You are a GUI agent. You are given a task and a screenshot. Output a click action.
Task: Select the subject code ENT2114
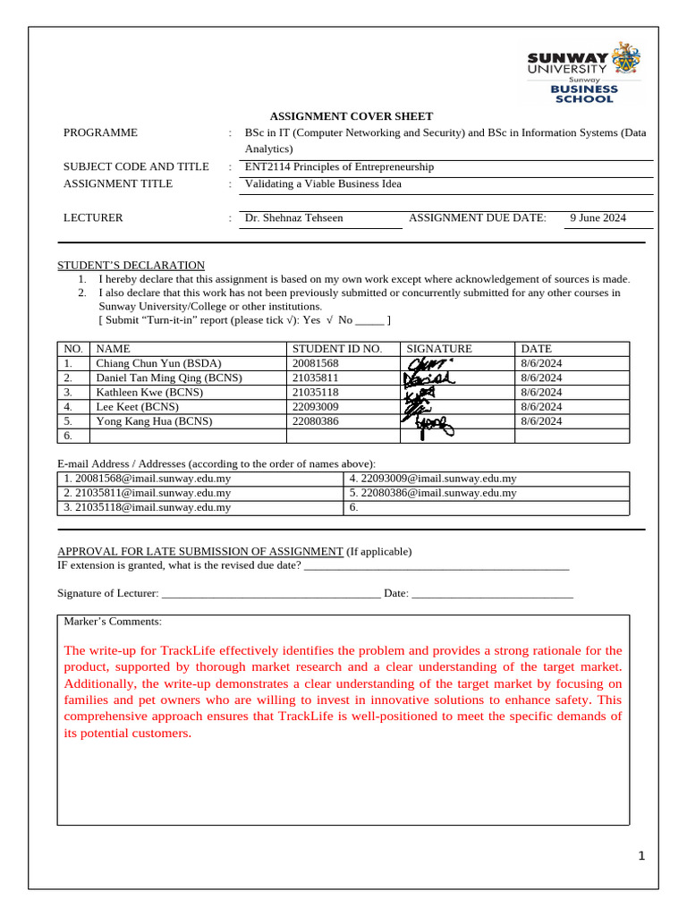click(x=267, y=166)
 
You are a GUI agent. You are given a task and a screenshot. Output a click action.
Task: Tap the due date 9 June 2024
click(x=598, y=217)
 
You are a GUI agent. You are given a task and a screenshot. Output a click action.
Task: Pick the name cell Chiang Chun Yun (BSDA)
click(x=158, y=363)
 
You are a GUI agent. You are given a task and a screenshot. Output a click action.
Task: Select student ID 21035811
click(x=317, y=377)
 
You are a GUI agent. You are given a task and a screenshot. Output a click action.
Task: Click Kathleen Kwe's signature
click(x=420, y=393)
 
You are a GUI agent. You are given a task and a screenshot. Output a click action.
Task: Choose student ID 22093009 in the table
click(x=317, y=406)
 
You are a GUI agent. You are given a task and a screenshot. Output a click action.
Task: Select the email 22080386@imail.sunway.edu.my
click(x=433, y=493)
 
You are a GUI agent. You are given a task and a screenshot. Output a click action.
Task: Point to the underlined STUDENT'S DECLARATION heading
click(x=131, y=266)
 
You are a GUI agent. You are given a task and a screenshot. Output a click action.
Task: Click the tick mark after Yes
click(x=330, y=319)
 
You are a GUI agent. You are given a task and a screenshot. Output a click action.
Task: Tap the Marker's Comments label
click(x=113, y=621)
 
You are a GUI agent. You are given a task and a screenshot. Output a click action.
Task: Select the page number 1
click(x=641, y=857)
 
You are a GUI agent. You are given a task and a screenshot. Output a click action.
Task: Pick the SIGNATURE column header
click(x=439, y=349)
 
